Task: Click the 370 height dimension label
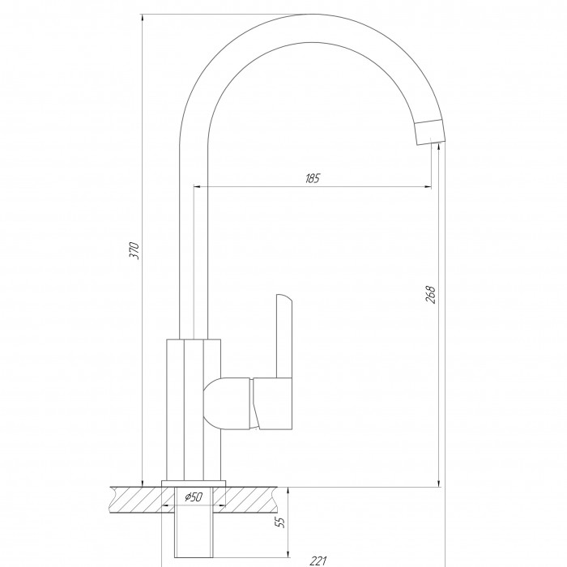(x=134, y=250)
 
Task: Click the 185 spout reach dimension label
(x=313, y=178)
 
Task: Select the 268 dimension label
(x=430, y=294)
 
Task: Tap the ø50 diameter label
(x=194, y=497)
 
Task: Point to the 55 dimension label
(x=280, y=522)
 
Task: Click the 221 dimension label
(x=318, y=561)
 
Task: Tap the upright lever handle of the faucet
(x=283, y=336)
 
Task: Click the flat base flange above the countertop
(x=194, y=484)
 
